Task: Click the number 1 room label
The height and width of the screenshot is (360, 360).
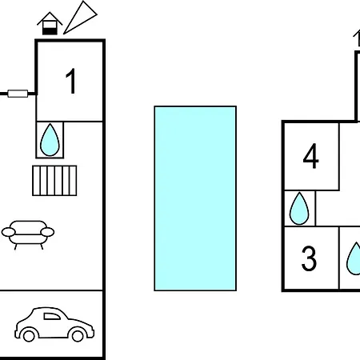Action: point(71,81)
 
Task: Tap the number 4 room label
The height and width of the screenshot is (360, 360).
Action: point(310,156)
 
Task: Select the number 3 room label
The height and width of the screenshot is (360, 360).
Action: point(309,258)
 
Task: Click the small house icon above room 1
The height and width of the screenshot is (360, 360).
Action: point(50,23)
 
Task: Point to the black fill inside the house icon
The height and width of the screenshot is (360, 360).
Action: point(50,31)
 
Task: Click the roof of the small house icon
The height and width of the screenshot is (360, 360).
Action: point(50,18)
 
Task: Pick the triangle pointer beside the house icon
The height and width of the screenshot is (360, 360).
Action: point(80,18)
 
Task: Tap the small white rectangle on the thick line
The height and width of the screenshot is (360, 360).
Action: point(18,94)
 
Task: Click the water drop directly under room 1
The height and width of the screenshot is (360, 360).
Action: point(50,140)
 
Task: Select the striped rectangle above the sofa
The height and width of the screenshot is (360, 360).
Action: point(54,181)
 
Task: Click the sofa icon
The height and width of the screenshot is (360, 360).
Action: point(28,234)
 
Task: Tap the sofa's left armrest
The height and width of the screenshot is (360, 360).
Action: point(9,232)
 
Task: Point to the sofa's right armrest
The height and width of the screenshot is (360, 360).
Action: point(47,232)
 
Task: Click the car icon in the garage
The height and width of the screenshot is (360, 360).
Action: point(54,324)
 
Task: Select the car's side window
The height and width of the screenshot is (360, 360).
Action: point(52,316)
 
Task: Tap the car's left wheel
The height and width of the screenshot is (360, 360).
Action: point(29,336)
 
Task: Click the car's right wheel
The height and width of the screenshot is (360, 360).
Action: point(78,336)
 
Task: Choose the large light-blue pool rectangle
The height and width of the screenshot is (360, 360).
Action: point(195,198)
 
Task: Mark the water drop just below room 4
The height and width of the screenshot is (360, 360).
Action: point(299,209)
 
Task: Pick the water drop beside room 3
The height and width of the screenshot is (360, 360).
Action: point(354,258)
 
